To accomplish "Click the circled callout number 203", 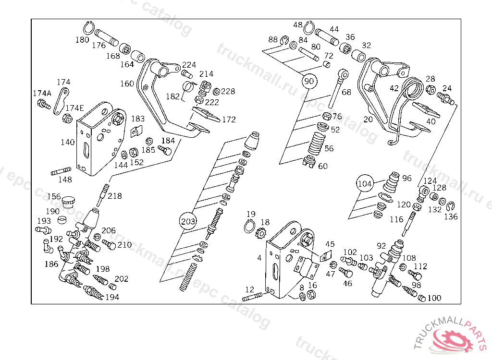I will click(188, 221).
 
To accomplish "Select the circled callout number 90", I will click(308, 81).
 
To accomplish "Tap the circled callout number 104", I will click(365, 183).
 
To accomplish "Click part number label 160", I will click(127, 84).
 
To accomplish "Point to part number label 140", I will click(67, 142).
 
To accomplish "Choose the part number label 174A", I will click(42, 93).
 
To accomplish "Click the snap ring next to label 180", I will click(90, 27).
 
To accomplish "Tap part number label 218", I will click(114, 196).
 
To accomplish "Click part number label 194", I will click(112, 298).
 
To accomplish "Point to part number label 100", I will click(434, 298).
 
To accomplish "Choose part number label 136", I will click(451, 216).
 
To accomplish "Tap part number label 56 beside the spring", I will click(329, 149).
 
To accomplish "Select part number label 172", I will click(229, 120).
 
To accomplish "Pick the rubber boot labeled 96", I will click(393, 180).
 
